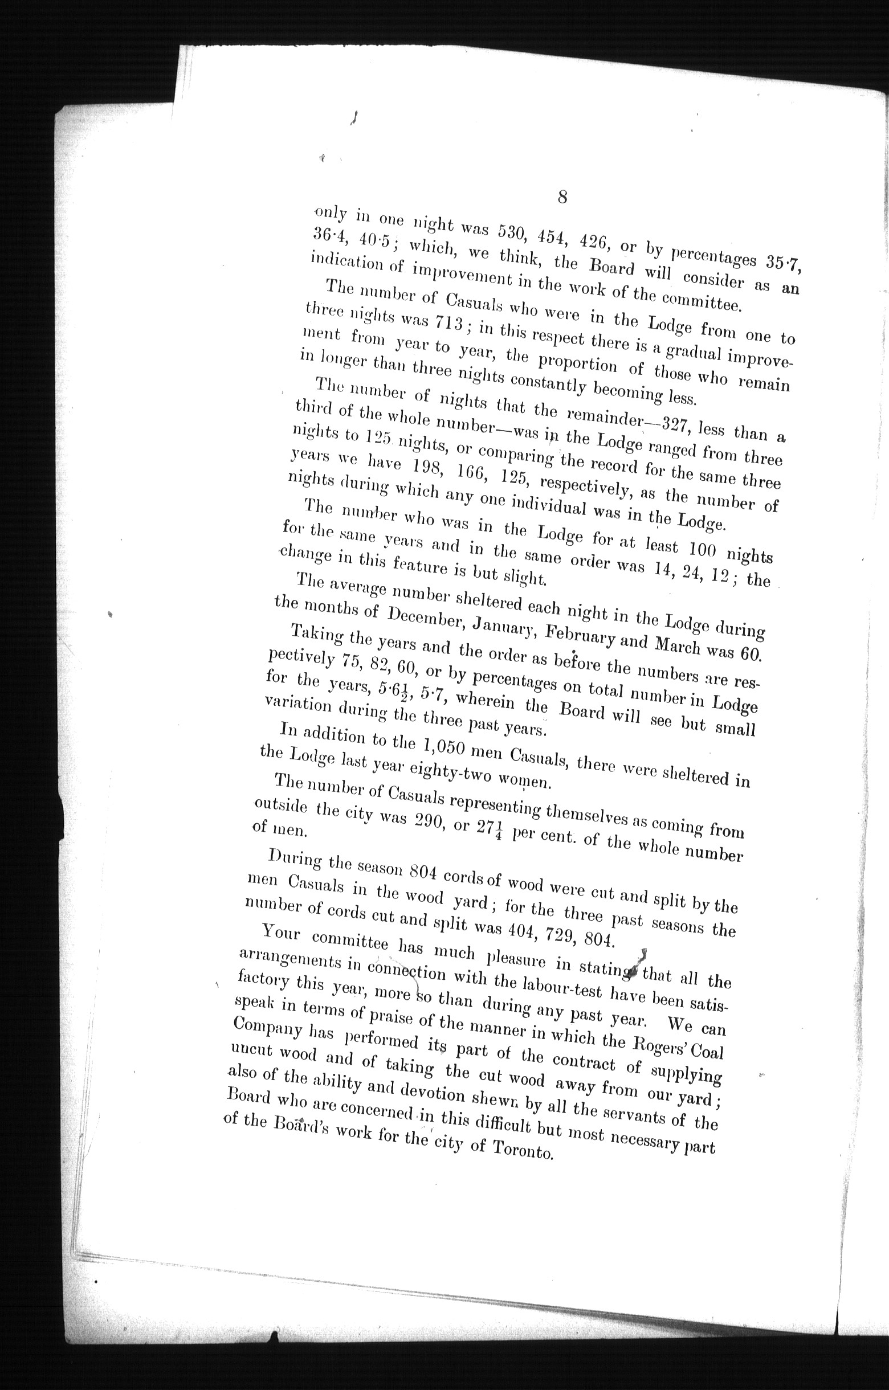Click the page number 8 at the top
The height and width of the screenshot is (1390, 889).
[x=562, y=198]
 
